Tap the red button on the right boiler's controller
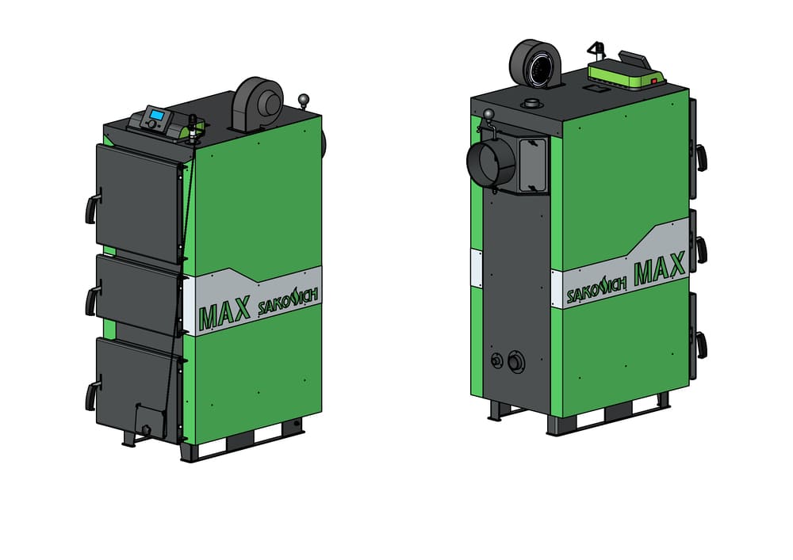pos(654,81)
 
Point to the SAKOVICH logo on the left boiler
pos(288,300)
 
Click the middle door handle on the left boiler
pos(91,302)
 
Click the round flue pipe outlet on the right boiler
pos(489,162)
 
